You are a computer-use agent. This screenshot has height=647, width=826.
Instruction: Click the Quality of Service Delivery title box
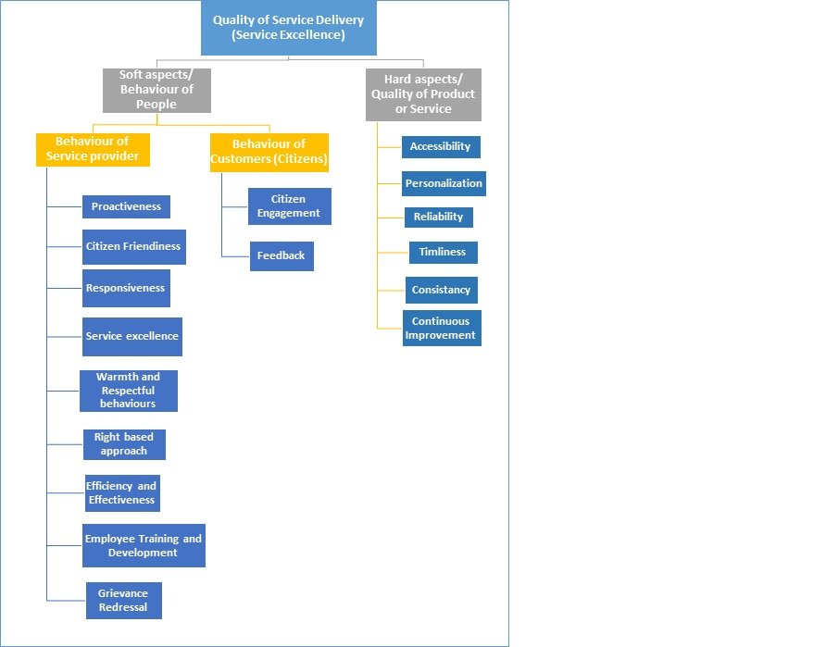(x=289, y=28)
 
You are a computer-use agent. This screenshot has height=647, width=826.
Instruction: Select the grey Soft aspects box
(x=157, y=90)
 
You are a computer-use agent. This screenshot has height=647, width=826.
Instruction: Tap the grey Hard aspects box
(x=423, y=94)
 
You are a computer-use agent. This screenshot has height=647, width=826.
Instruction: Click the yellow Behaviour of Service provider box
(x=93, y=150)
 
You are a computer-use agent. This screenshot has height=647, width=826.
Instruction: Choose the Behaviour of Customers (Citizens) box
(x=269, y=153)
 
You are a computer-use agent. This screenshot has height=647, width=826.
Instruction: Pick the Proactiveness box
(x=127, y=207)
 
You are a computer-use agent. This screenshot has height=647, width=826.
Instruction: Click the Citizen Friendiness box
(x=133, y=247)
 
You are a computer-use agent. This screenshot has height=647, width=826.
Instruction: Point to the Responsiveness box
(x=126, y=289)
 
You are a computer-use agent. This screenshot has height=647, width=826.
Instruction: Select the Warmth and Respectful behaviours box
(x=129, y=391)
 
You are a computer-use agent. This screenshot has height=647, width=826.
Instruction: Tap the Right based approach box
(x=124, y=444)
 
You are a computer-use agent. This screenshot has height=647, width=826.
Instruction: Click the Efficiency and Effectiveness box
(x=122, y=493)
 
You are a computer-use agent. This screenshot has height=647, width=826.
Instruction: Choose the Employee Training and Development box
(x=144, y=545)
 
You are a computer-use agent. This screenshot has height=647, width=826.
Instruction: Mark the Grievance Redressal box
(x=124, y=601)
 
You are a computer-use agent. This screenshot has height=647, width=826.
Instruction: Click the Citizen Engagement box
(x=290, y=206)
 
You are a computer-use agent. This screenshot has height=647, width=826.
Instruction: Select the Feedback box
(x=282, y=256)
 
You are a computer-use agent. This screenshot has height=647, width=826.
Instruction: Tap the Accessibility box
(x=441, y=147)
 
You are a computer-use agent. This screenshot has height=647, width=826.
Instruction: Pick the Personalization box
(x=444, y=183)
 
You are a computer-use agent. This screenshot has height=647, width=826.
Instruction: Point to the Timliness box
(x=444, y=253)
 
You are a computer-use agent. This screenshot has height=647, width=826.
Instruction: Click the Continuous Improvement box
(x=442, y=328)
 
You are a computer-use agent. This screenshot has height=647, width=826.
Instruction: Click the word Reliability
(x=438, y=217)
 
